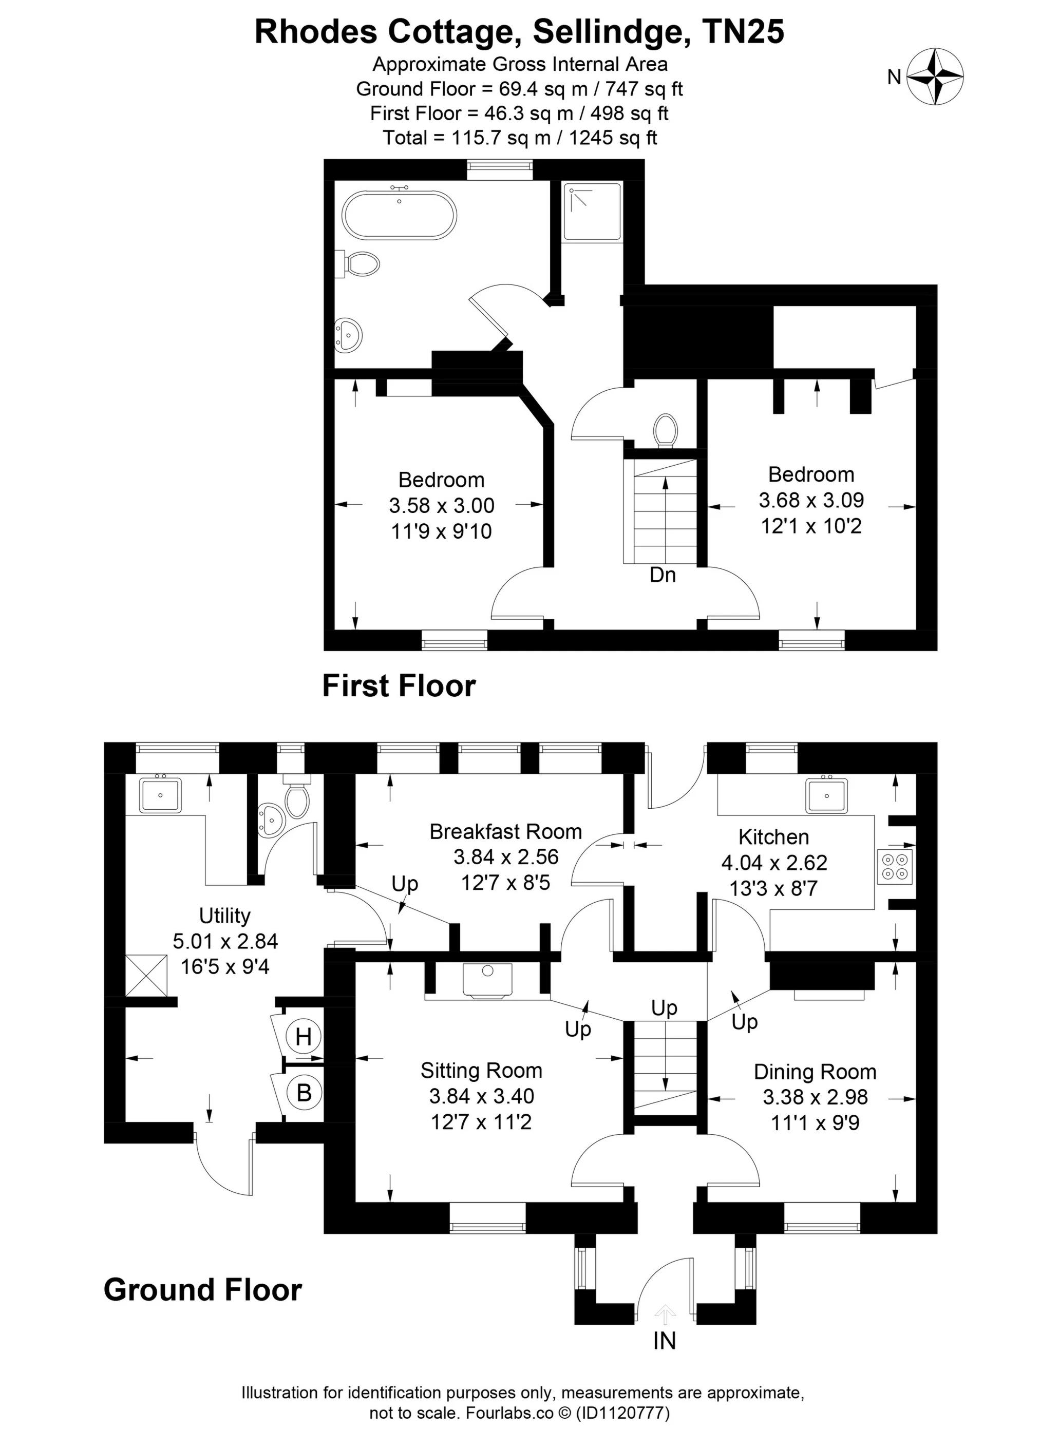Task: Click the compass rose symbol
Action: [935, 77]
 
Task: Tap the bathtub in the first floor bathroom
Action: [400, 215]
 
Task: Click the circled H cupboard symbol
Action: [304, 1037]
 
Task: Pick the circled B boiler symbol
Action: [304, 1092]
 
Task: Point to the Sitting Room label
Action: [481, 1070]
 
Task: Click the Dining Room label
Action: [815, 1071]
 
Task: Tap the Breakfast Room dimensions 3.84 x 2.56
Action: [506, 856]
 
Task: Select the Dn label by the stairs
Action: [662, 575]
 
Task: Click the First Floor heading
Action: [399, 685]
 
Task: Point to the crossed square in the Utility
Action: [147, 975]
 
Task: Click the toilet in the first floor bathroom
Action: [362, 263]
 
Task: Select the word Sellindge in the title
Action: [607, 31]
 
